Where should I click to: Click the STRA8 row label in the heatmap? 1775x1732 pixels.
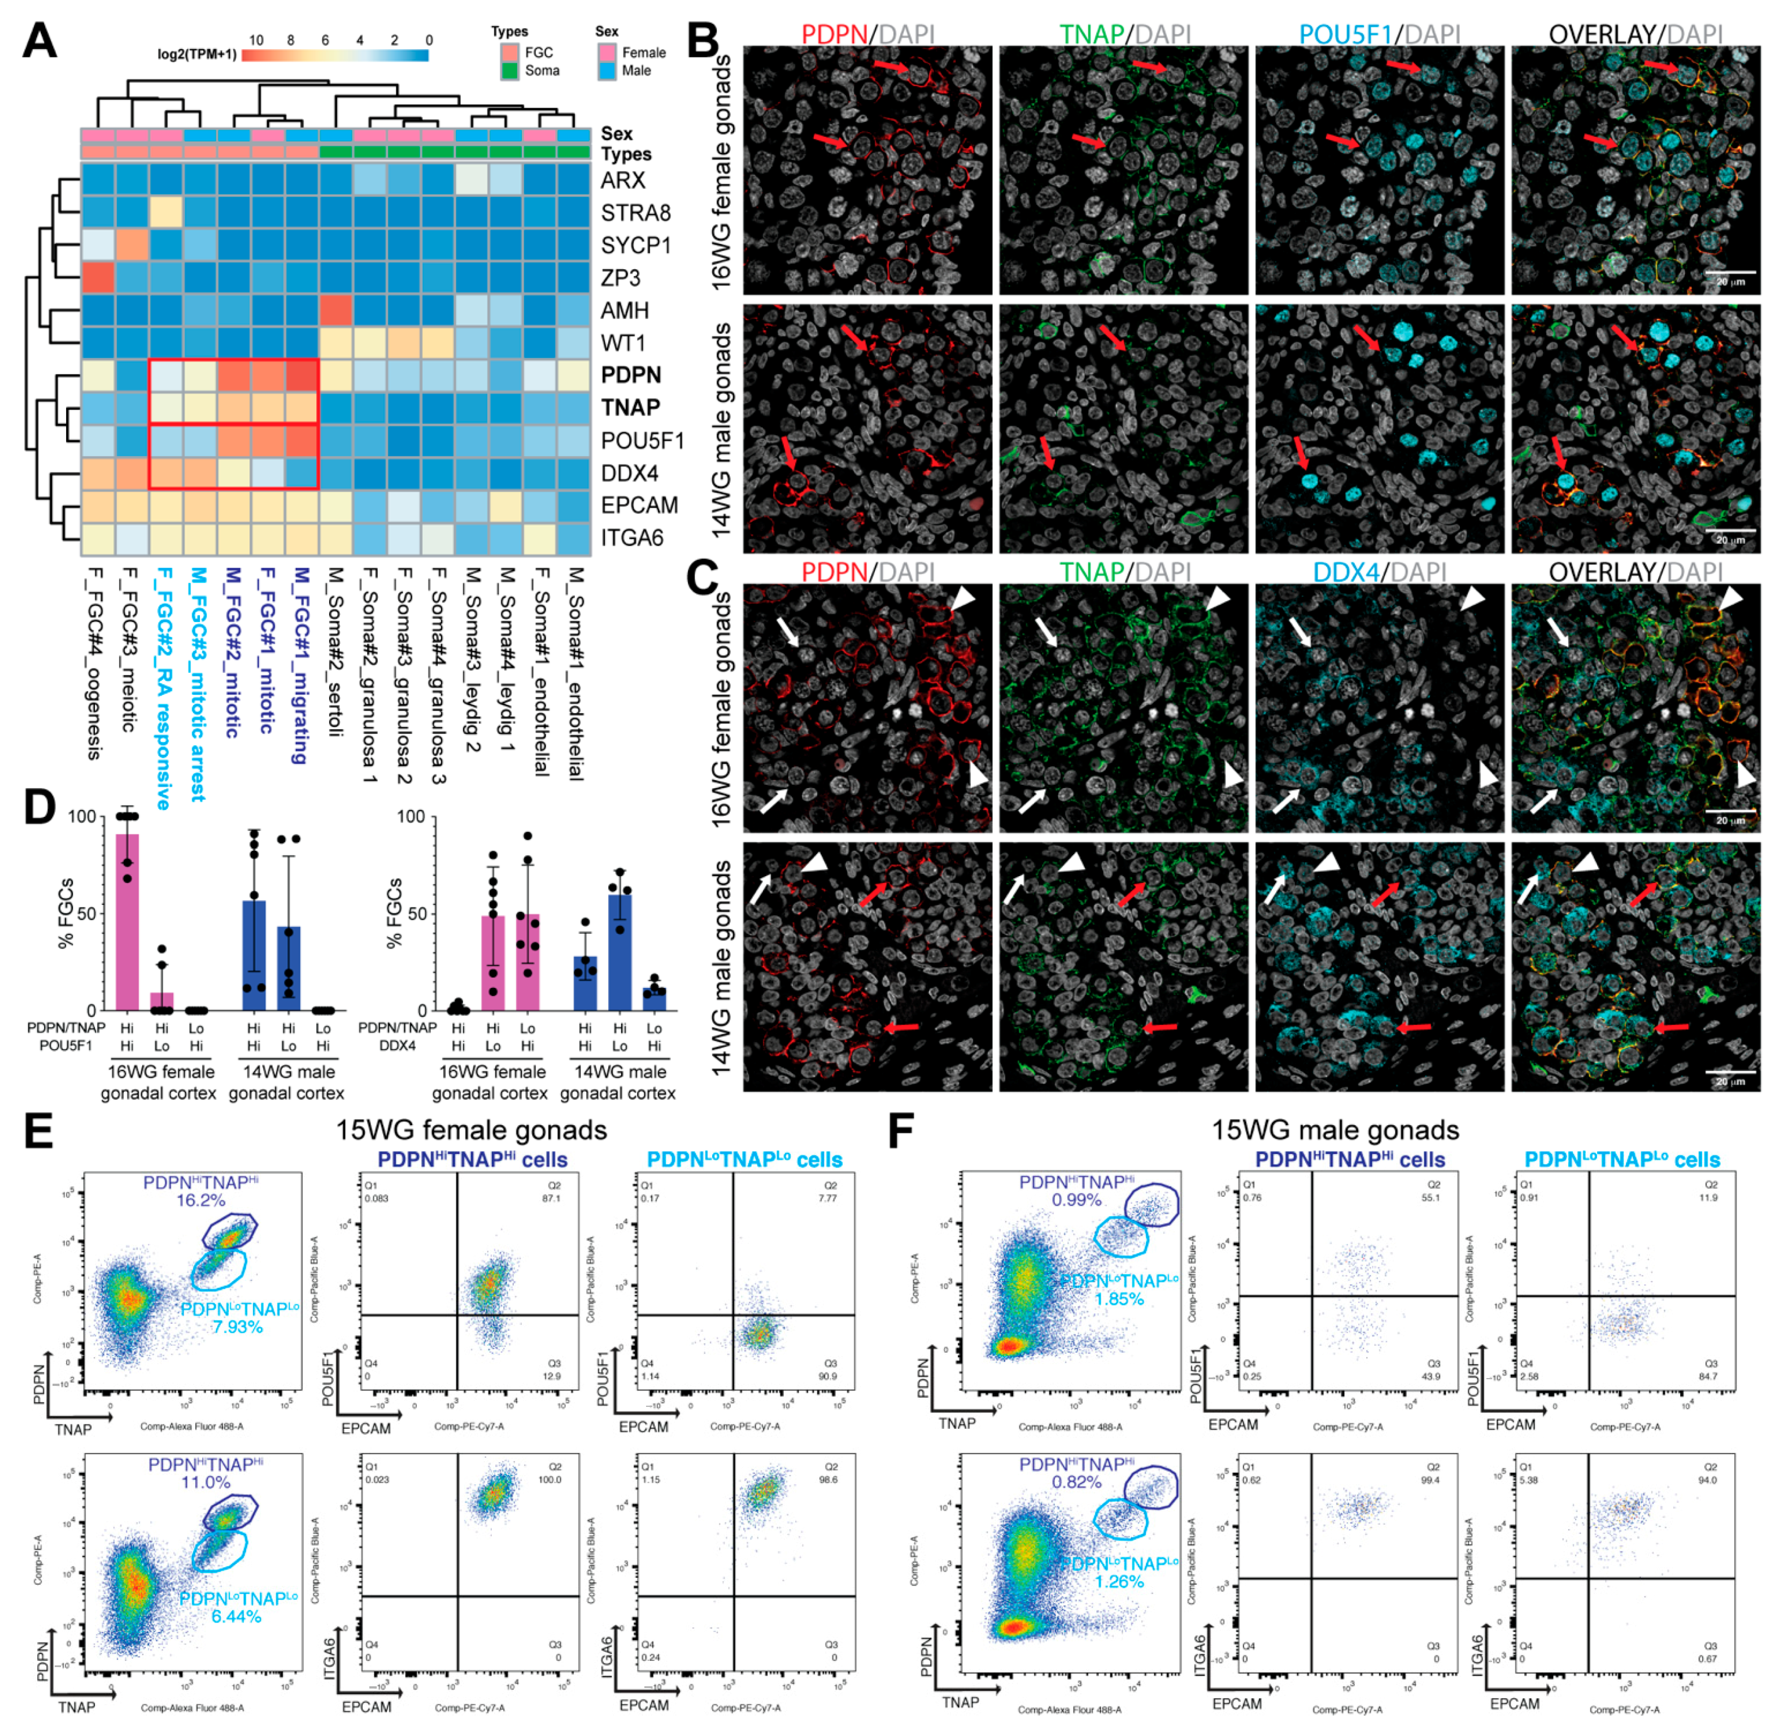click(x=634, y=213)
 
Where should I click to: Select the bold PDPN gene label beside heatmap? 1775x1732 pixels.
click(x=630, y=375)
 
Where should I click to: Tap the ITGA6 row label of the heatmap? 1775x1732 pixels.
click(x=631, y=537)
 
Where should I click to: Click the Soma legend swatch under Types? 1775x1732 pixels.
click(x=509, y=70)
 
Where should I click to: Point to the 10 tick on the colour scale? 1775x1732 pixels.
click(x=256, y=40)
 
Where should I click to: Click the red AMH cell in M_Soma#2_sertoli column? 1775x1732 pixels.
click(x=335, y=310)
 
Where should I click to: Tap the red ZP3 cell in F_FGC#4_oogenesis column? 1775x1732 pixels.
click(x=97, y=277)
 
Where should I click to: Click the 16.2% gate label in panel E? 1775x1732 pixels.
click(x=200, y=1200)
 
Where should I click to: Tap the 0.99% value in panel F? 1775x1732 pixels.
click(x=1076, y=1199)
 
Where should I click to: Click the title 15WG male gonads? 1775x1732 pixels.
click(x=1334, y=1129)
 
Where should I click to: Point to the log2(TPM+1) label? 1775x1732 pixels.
click(x=197, y=55)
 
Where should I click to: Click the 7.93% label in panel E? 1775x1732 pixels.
click(x=237, y=1326)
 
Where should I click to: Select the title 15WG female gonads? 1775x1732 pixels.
click(x=470, y=1129)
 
